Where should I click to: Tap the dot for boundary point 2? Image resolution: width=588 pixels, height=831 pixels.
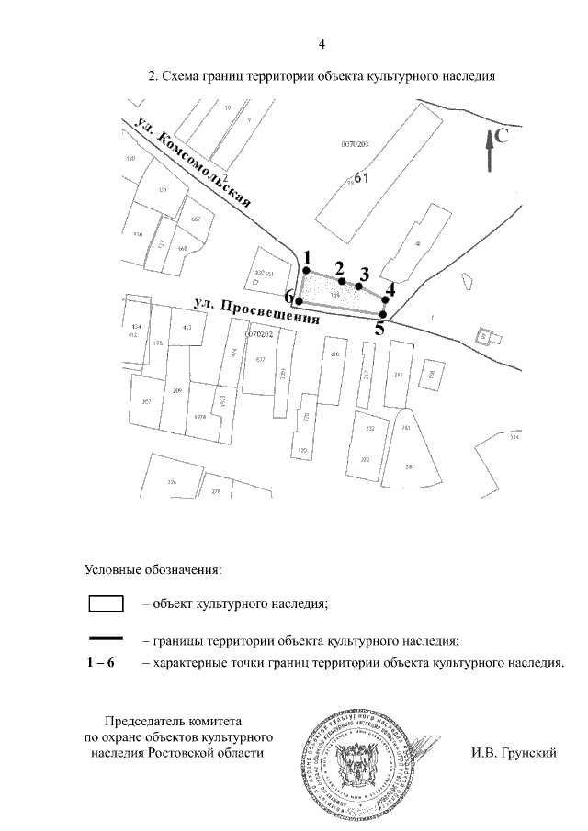tap(342, 281)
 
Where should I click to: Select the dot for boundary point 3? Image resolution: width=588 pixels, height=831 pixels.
tap(359, 286)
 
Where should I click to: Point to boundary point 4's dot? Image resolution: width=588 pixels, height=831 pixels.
tap(386, 299)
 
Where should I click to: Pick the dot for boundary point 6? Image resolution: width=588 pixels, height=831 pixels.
tap(299, 300)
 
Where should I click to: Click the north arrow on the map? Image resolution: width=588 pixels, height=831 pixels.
tap(491, 150)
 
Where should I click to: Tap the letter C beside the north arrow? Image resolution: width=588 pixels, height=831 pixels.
tap(503, 136)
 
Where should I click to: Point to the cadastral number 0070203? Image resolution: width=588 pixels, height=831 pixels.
tap(354, 144)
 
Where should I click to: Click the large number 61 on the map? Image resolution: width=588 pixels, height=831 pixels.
tap(360, 178)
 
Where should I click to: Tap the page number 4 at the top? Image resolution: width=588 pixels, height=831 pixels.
tap(321, 43)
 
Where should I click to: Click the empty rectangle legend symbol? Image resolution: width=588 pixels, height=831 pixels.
tap(106, 603)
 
